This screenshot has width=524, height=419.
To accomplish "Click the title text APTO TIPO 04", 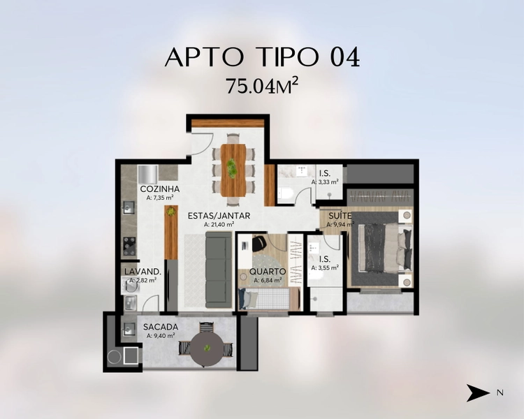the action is (x=262, y=57).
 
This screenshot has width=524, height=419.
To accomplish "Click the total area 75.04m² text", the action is (x=262, y=86).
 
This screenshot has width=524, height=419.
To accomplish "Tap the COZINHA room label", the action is (x=160, y=189).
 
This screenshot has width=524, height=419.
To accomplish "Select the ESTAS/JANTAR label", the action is (x=219, y=216).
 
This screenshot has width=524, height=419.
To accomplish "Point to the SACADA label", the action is (x=161, y=327).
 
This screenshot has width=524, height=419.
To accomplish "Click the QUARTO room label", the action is (x=268, y=272).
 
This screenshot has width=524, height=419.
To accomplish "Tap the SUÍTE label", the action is (x=340, y=216).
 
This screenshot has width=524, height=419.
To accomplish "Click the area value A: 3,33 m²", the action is (x=325, y=182).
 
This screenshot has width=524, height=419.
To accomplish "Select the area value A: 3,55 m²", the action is (x=325, y=267).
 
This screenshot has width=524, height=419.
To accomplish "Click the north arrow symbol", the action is (x=478, y=392).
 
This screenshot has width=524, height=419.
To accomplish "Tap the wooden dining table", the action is (x=233, y=170).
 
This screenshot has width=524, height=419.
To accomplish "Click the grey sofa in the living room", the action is (x=219, y=270).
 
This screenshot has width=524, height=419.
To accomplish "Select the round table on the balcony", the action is (x=207, y=349).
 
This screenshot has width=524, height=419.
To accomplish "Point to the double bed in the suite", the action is (x=385, y=248).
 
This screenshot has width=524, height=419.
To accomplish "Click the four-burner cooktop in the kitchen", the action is (x=130, y=246).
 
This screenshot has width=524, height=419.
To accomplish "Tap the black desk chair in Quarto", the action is (x=259, y=243).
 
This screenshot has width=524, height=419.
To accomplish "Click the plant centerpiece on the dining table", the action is (x=231, y=168).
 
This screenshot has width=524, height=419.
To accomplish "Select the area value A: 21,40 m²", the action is (x=219, y=225).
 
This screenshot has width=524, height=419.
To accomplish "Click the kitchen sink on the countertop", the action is (x=129, y=207).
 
